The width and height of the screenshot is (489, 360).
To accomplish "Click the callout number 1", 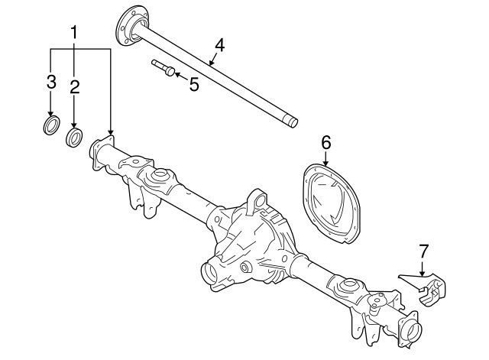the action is click(74, 32).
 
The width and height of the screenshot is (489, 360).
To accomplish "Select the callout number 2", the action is click(75, 87).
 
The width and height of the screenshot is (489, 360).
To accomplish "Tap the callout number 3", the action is click(51, 82).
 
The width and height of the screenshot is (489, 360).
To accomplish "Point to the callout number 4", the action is click(219, 45).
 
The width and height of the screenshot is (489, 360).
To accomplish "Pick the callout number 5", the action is click(194, 85).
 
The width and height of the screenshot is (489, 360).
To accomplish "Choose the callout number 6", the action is click(326, 143).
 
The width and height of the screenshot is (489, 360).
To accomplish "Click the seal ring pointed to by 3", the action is click(51, 125).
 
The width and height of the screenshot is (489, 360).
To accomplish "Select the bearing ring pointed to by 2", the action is click(74, 138).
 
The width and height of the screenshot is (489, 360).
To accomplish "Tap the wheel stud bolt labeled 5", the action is click(163, 68).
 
